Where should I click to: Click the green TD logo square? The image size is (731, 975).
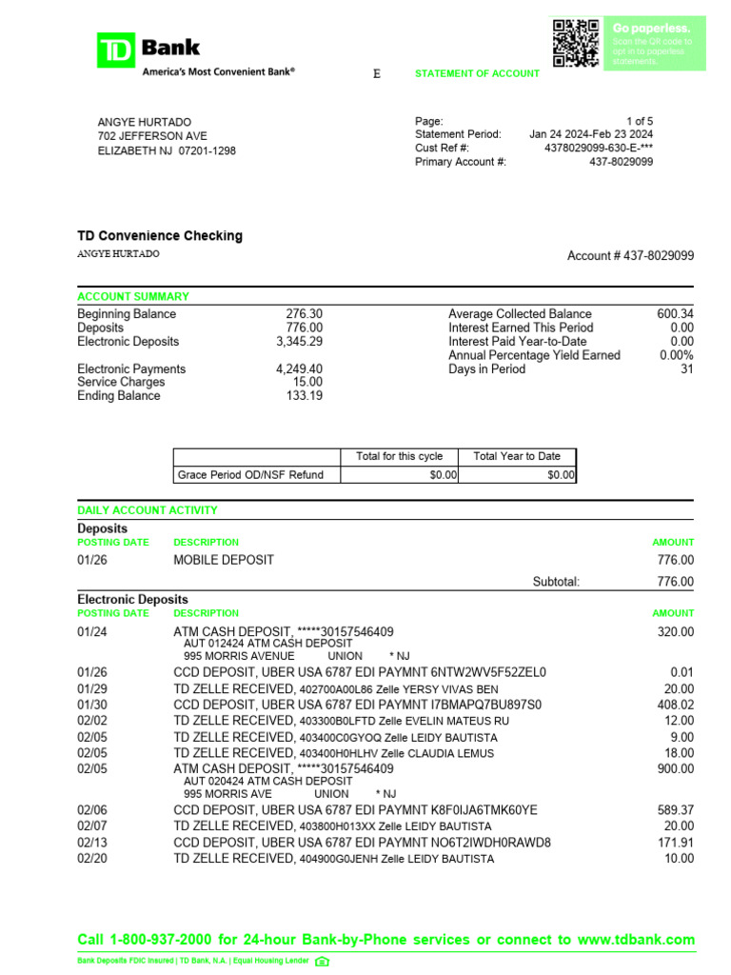coord(116,50)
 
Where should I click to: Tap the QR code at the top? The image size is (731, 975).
coord(576,43)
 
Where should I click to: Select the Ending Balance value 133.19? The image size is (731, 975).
coord(305,396)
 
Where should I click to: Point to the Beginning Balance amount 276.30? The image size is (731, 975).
coord(305,314)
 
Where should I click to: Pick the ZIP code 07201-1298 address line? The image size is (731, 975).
coord(167,150)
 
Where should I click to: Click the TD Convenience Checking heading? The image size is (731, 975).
coord(160,236)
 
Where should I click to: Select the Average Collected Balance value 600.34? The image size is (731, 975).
coord(675,314)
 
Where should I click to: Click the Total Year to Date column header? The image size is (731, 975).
coord(517,456)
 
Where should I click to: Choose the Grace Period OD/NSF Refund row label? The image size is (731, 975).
coord(250,474)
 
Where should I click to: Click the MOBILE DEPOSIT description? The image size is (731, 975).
coord(223,560)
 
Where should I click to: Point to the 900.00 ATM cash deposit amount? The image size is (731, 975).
coord(675,768)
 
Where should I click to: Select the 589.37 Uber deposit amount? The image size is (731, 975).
coord(675,810)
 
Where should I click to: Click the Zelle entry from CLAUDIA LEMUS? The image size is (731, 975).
coord(333,753)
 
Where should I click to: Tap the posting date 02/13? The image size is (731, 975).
coord(92,843)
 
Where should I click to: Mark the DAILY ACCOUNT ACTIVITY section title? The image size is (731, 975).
coord(147,510)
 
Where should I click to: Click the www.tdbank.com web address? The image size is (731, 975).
coord(636,939)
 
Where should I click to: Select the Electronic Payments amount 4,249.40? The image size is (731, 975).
coord(299,369)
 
